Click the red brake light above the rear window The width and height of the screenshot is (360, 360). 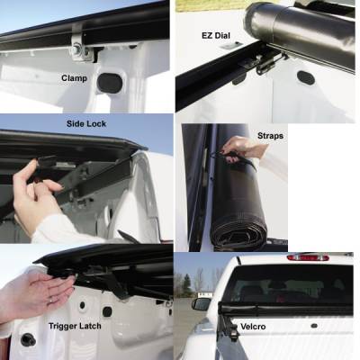[x=307, y=257]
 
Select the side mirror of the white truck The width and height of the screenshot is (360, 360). [x=202, y=303]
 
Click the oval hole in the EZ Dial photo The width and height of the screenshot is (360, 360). [x=305, y=77]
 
